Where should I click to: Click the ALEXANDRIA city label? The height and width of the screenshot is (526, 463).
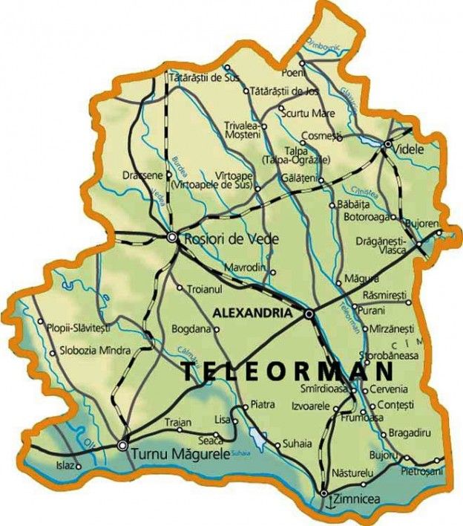pos(252,314)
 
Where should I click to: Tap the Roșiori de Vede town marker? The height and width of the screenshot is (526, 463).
pos(172,237)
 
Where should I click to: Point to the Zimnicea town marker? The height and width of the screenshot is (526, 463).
pos(324,492)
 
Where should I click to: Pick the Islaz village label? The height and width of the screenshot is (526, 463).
pos(62,467)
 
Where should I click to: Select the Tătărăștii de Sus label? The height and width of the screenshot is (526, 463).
pos(206,77)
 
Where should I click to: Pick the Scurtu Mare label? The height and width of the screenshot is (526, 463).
pos(311,113)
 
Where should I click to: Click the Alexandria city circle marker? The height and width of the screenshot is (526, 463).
pos(309,314)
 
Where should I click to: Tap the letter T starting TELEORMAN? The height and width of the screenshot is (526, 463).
pos(190,371)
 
